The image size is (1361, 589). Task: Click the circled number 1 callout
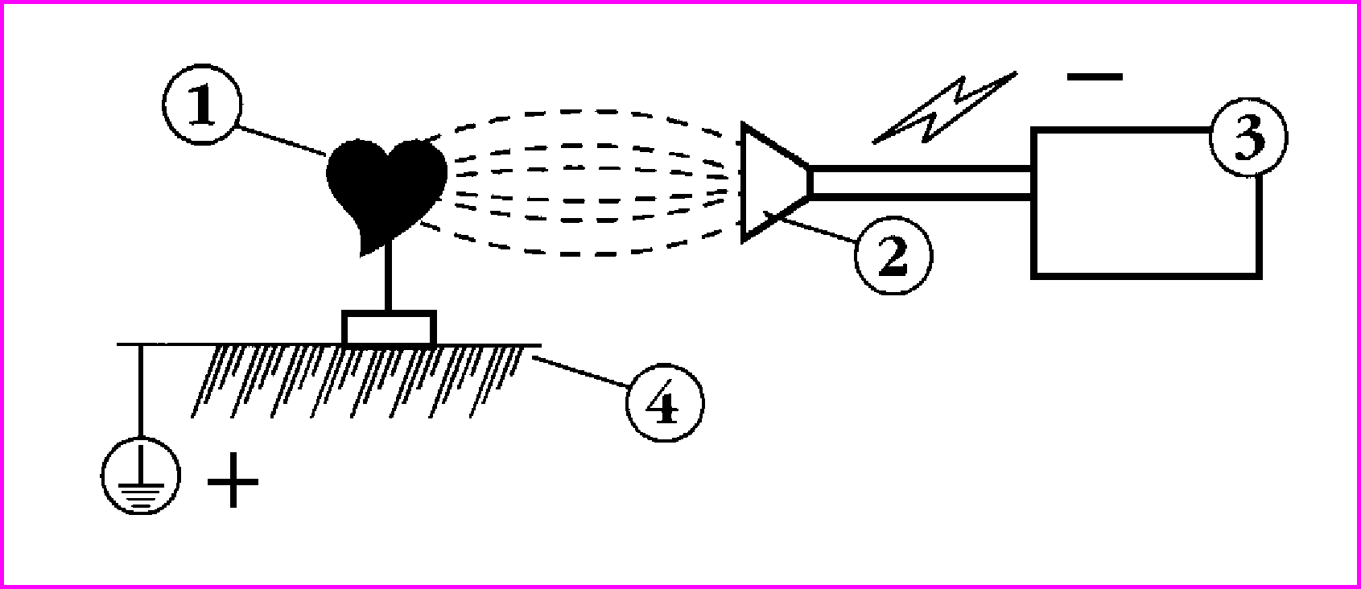(x=202, y=105)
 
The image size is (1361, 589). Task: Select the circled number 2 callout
(x=893, y=256)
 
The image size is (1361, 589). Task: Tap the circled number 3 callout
(x=1248, y=138)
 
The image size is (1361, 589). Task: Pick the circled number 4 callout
(x=665, y=402)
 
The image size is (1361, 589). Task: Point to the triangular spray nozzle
(x=776, y=182)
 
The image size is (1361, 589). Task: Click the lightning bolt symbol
(x=945, y=108)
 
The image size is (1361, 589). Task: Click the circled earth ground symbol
(x=140, y=476)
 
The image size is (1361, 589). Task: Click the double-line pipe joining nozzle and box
(x=921, y=182)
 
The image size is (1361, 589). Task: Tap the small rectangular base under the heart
(x=390, y=328)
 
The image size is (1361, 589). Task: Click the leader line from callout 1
(x=283, y=140)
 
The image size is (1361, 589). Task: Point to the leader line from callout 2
(x=811, y=227)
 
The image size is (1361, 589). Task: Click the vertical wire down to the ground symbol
(x=141, y=389)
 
